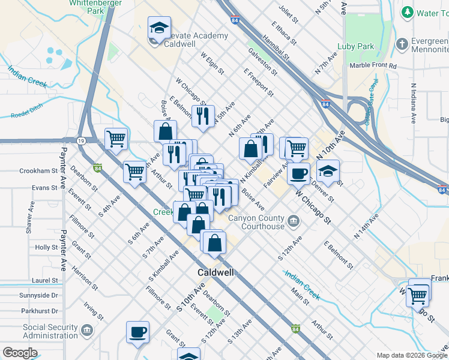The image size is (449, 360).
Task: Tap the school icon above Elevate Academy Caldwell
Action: click(159, 27)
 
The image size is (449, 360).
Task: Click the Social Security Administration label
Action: click(51, 332)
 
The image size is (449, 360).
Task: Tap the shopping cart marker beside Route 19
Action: click(116, 139)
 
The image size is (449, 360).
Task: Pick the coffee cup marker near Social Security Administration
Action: click(138, 332)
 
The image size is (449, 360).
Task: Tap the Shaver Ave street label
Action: click(30, 218)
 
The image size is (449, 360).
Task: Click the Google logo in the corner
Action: click(20, 353)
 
